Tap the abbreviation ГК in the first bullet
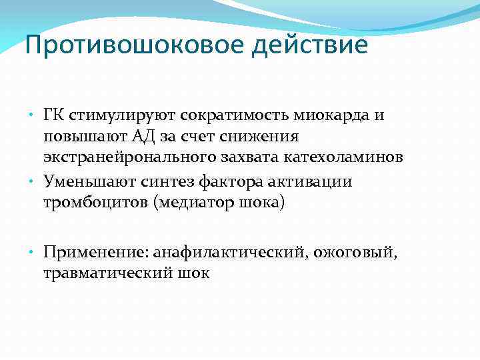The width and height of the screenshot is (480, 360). [55, 115]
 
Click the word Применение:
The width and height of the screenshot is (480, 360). [95, 252]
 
